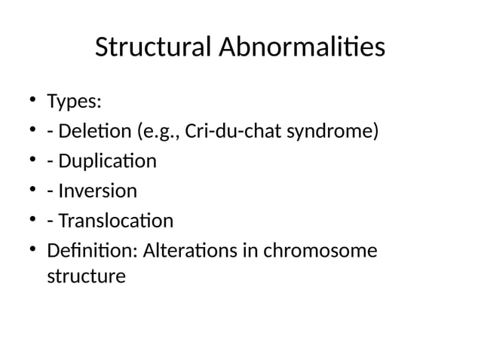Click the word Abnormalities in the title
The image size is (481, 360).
[302, 48]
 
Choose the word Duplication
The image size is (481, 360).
[106, 161]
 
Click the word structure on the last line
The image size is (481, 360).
[86, 276]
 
